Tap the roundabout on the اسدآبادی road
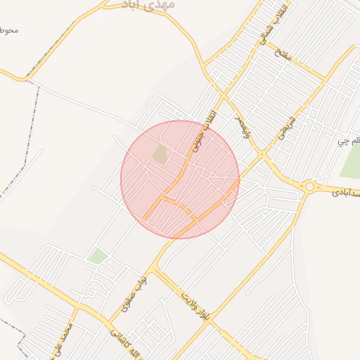pos(309,186)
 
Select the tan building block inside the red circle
pos(161,155)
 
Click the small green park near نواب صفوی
pos(98,256)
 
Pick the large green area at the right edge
pos(351,162)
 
